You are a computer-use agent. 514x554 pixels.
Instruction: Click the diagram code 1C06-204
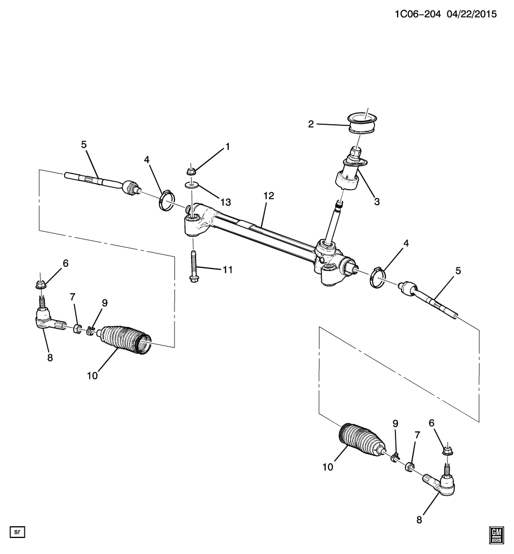point(418,14)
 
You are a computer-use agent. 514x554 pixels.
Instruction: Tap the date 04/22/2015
point(472,14)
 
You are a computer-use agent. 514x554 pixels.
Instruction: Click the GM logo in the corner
point(497,535)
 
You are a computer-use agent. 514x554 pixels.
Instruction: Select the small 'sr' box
point(17,531)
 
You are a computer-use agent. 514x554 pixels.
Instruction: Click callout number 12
point(269,196)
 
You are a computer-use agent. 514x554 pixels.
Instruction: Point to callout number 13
point(225,202)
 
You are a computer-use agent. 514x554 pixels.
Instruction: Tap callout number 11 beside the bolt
point(228,270)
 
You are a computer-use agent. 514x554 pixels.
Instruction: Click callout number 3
point(377,202)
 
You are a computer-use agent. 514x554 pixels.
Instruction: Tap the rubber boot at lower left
point(126,339)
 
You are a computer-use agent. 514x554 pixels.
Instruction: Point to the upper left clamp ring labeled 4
point(166,200)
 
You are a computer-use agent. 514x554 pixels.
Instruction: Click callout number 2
point(311,124)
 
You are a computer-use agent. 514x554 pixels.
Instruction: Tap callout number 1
point(228,146)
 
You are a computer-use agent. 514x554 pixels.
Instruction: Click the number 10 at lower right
point(328,467)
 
